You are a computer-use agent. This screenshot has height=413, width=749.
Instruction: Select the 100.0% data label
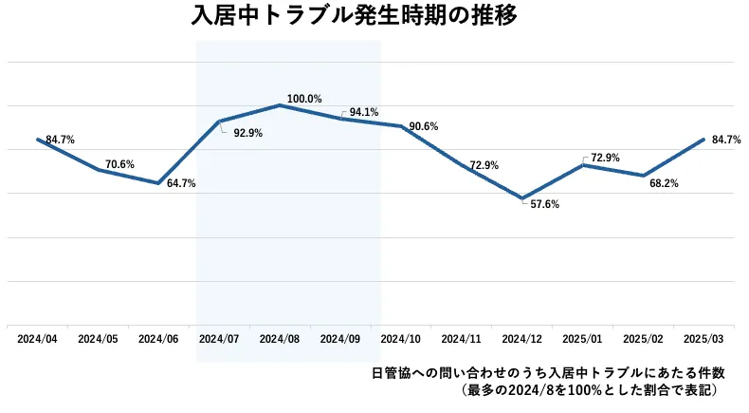(304, 98)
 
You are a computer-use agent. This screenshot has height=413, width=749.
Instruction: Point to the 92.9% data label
(247, 133)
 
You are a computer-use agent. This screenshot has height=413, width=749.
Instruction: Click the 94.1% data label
(364, 112)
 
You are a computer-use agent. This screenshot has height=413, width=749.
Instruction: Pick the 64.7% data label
(181, 183)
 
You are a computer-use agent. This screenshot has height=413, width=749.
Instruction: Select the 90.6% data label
(423, 126)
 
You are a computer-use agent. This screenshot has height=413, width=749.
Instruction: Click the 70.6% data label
(119, 164)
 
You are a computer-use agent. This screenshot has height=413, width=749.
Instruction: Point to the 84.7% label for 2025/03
(726, 140)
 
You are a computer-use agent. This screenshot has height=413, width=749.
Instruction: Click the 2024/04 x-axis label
(37, 338)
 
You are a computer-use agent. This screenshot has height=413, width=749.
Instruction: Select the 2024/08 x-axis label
(279, 338)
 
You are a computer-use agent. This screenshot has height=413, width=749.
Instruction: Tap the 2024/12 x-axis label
(521, 338)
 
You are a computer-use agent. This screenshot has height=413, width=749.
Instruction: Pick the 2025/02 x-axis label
(643, 338)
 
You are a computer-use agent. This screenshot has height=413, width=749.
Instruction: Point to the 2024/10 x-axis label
(400, 338)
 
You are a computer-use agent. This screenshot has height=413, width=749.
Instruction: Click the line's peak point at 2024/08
(280, 104)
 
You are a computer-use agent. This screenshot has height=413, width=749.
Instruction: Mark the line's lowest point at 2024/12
(521, 198)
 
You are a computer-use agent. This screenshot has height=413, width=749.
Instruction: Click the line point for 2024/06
(158, 183)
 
